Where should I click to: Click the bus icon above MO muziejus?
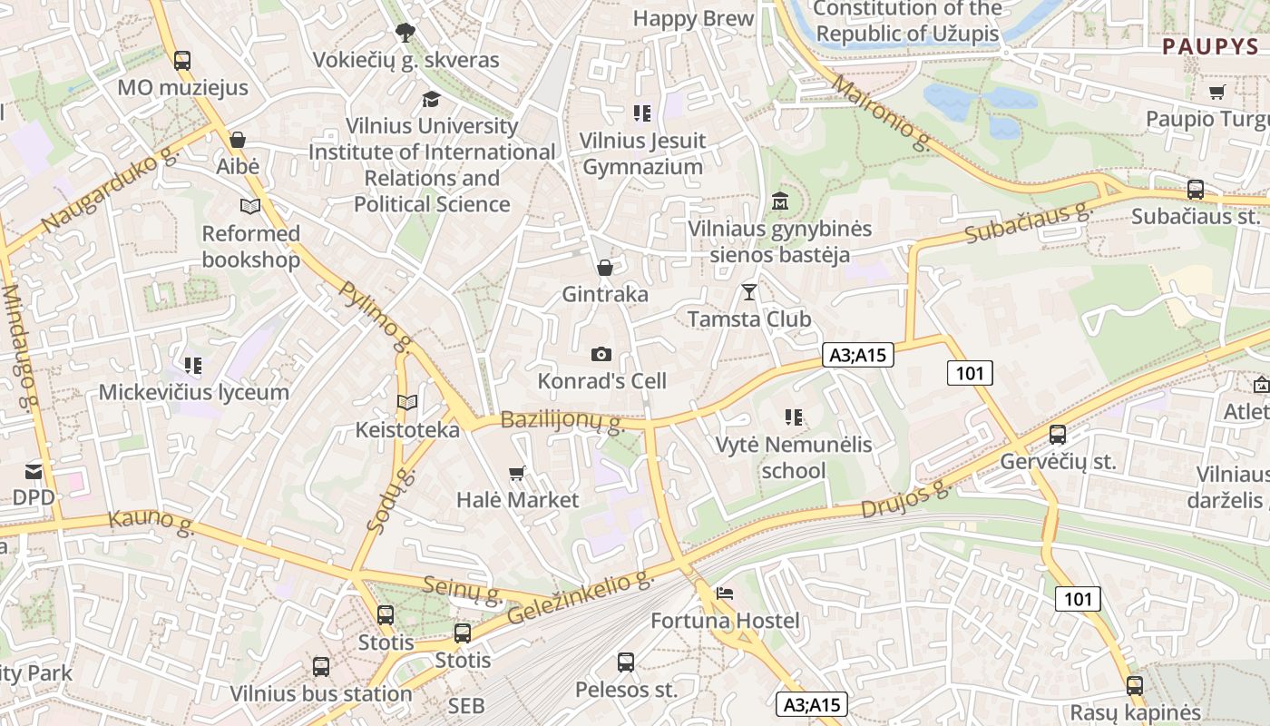(182, 61)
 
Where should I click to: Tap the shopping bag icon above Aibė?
(238, 140)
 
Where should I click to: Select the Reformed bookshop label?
(250, 247)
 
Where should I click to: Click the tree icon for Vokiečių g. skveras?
(405, 33)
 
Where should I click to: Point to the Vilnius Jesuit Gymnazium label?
(642, 153)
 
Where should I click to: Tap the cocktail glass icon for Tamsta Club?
(748, 291)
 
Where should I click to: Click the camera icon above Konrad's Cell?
(601, 354)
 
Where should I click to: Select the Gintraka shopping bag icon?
(604, 268)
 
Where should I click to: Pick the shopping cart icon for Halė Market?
(517, 472)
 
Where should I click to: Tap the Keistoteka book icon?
(407, 402)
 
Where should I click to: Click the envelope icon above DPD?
(34, 470)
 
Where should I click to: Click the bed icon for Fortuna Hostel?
(725, 594)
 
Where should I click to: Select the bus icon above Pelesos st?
(626, 662)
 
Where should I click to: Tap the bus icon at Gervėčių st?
(1058, 434)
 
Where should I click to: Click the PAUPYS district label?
(1210, 47)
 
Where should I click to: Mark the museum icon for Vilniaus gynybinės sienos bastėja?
(779, 201)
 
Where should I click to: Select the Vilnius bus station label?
(321, 693)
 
